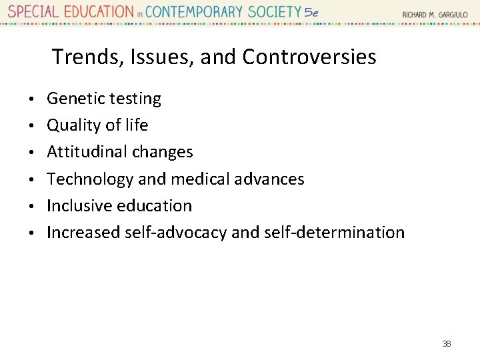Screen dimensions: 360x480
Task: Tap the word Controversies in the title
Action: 309,57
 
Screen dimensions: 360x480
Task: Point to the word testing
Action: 135,99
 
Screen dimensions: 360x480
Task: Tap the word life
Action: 136,125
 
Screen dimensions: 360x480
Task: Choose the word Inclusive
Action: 79,205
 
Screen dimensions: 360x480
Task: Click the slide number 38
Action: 447,344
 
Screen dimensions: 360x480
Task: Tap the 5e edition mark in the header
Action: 311,12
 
